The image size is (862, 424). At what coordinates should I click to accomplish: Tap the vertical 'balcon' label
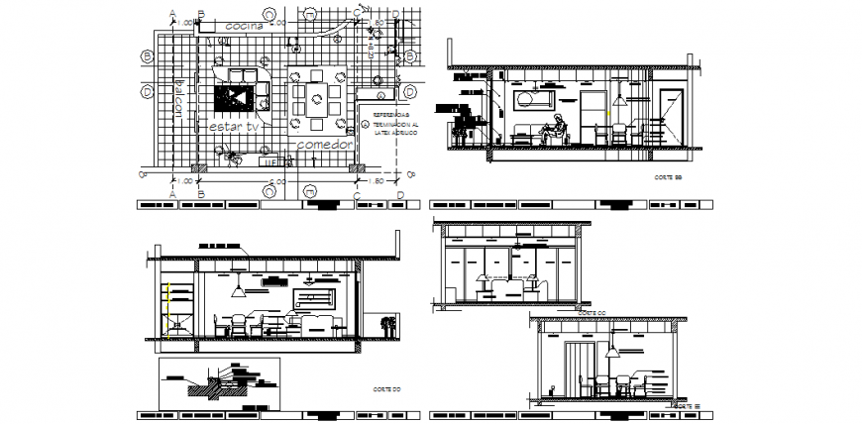(x=180, y=98)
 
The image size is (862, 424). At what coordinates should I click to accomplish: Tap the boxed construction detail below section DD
(x=219, y=379)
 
